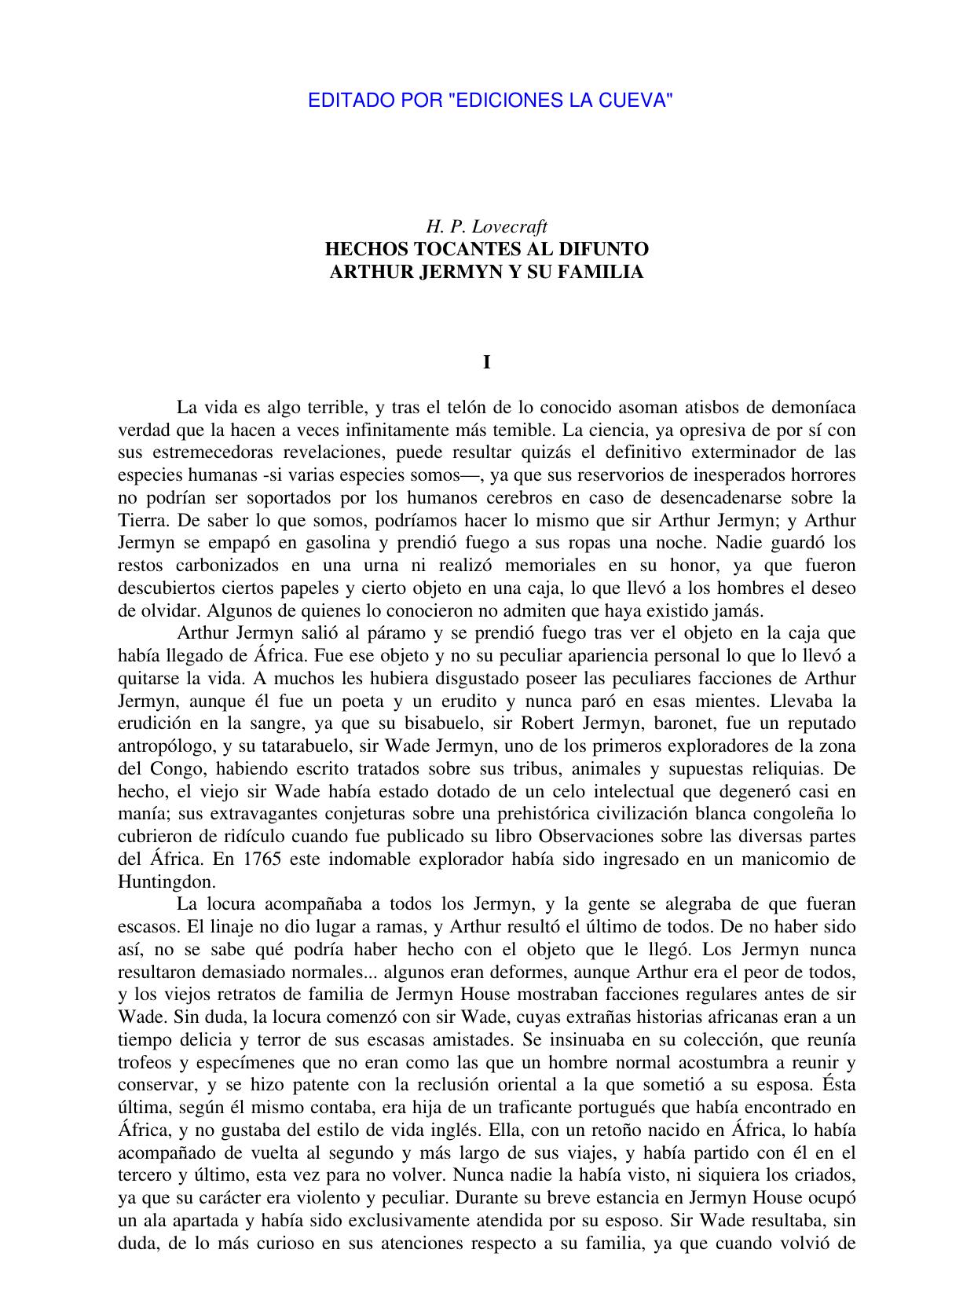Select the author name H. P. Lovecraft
click(x=486, y=227)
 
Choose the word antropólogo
click(x=168, y=746)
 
